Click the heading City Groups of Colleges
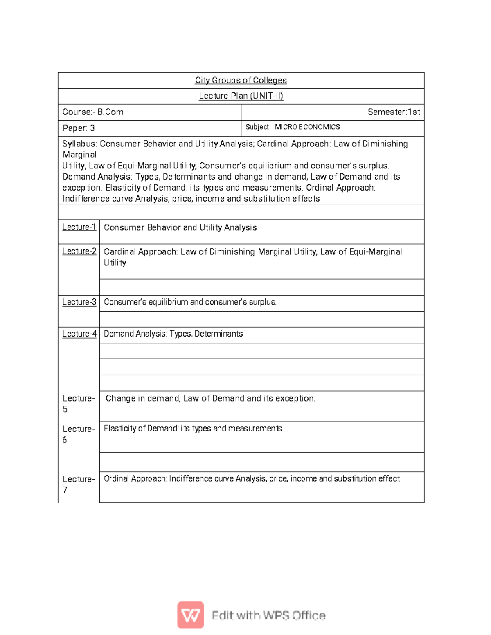(x=241, y=80)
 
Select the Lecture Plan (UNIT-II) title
(x=241, y=96)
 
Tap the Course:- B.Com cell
(x=93, y=112)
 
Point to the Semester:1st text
(x=394, y=112)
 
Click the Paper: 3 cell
(x=79, y=128)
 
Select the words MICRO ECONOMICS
(x=307, y=127)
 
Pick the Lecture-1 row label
(x=79, y=227)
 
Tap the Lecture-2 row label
(x=79, y=251)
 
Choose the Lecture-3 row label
(x=79, y=302)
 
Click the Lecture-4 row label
(x=79, y=334)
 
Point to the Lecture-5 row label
(x=78, y=403)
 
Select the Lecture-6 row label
(x=78, y=434)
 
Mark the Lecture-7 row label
(x=78, y=484)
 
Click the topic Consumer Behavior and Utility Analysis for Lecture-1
(x=180, y=227)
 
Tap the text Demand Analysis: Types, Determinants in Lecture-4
(x=173, y=334)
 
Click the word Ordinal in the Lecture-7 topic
(x=117, y=478)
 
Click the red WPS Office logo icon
(x=190, y=615)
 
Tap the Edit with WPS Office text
(x=268, y=615)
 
